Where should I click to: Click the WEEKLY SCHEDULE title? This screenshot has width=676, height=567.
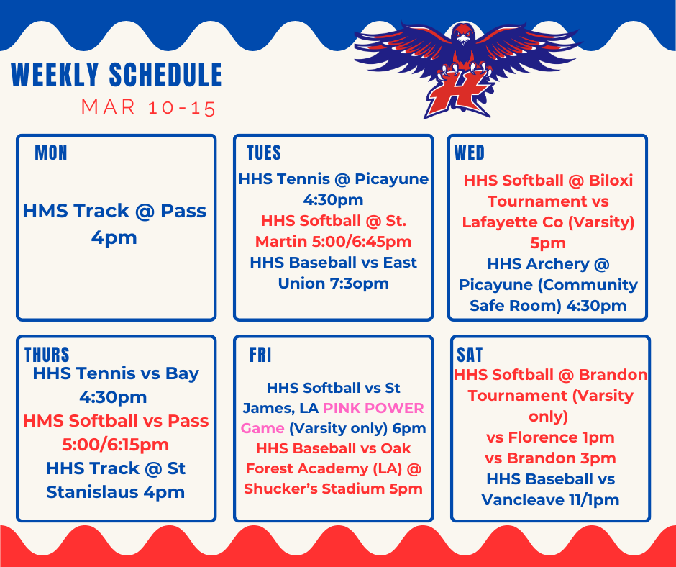[117, 76]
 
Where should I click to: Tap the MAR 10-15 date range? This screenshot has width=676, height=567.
[148, 108]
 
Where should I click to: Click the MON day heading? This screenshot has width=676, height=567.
[51, 153]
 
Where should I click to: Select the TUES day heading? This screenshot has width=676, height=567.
[263, 153]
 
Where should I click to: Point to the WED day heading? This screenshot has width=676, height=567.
[470, 153]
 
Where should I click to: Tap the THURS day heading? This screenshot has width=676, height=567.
[47, 355]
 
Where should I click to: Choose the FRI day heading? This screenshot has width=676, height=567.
[260, 355]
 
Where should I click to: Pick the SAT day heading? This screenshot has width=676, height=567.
[470, 355]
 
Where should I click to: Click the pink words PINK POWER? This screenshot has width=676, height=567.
[373, 408]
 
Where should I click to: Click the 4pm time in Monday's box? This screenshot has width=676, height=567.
[114, 237]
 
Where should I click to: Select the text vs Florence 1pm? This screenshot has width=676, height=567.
[550, 437]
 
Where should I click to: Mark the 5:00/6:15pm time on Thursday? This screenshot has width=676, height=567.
[116, 444]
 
